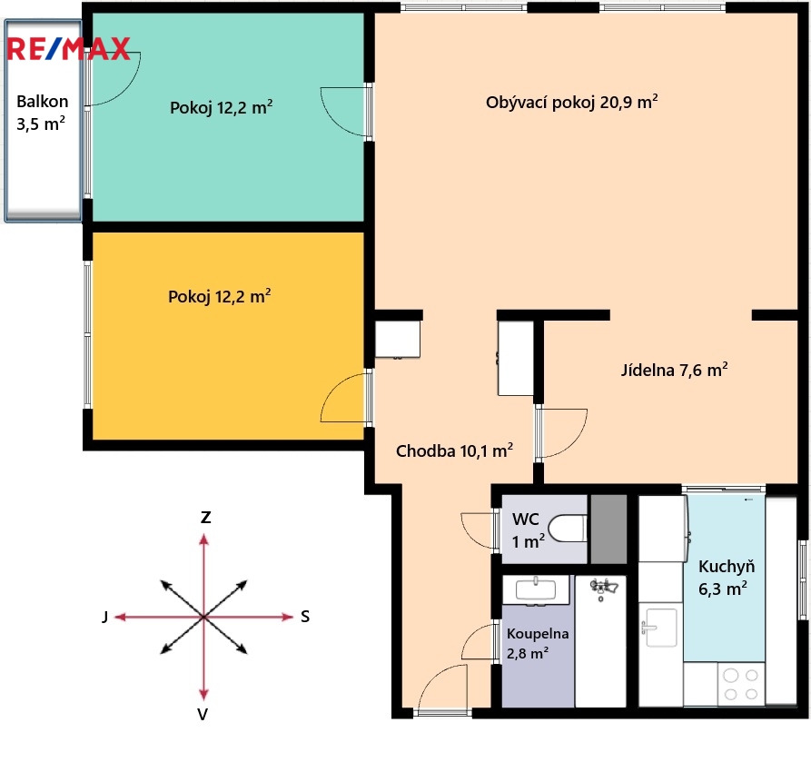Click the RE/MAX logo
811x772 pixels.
[68, 49]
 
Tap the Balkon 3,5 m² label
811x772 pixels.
[42, 113]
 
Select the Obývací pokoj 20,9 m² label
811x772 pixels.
[571, 102]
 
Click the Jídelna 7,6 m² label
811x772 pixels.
[674, 370]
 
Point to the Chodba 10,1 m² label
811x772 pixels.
[454, 450]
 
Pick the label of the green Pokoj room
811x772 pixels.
[222, 107]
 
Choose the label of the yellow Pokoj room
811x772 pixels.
[219, 296]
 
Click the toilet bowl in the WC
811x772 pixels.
[568, 529]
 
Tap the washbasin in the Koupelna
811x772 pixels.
[536, 589]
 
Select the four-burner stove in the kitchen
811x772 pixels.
[741, 684]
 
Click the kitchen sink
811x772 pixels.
[658, 627]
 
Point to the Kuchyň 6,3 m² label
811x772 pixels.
[727, 578]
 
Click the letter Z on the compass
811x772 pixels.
[205, 518]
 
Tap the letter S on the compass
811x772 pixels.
[305, 617]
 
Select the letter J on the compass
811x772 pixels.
[105, 617]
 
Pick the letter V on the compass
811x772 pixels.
[203, 714]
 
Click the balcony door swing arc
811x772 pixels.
[127, 88]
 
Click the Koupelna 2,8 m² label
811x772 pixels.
[538, 643]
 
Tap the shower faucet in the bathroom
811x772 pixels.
[603, 589]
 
